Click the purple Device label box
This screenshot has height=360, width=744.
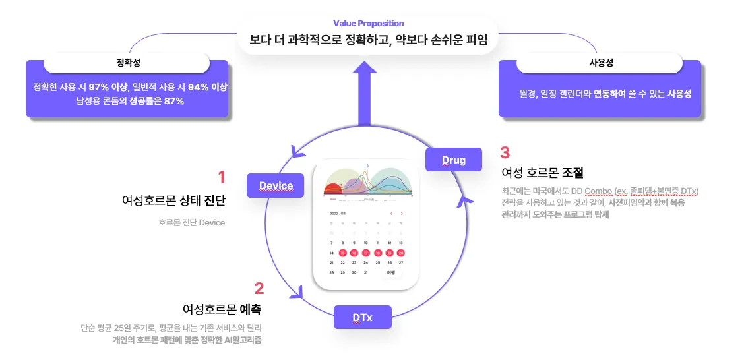tap(276, 185)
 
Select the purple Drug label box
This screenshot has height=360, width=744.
tap(453, 160)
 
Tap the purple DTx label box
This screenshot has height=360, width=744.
tap(362, 317)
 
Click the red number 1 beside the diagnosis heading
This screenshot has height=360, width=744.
tap(222, 177)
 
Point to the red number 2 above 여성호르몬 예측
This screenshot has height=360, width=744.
tap(259, 287)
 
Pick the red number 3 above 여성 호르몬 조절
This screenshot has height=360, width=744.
tap(505, 152)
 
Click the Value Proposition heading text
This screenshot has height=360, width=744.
tap(369, 24)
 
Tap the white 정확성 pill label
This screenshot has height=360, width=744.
tap(127, 63)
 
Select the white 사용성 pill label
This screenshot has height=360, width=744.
tap(600, 63)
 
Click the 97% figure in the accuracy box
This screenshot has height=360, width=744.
tap(98, 87)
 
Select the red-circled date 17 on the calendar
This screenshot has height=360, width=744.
tap(366, 253)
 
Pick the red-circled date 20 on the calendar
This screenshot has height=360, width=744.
tap(400, 253)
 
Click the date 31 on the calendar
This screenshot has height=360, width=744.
tap(366, 272)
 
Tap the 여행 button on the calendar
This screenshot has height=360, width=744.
tap(390, 272)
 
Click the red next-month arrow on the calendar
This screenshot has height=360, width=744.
tap(402, 213)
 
